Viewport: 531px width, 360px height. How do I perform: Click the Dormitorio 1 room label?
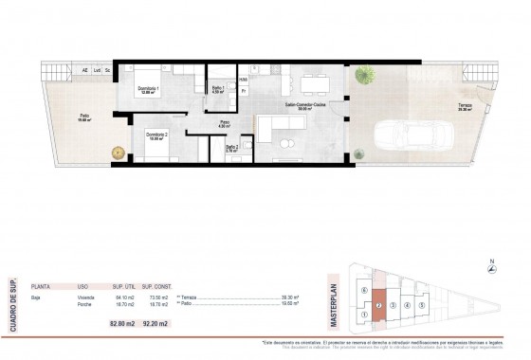tap(145, 90)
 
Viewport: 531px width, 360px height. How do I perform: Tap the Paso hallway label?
tap(226, 122)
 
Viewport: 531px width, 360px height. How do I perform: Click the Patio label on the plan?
tap(82, 117)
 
